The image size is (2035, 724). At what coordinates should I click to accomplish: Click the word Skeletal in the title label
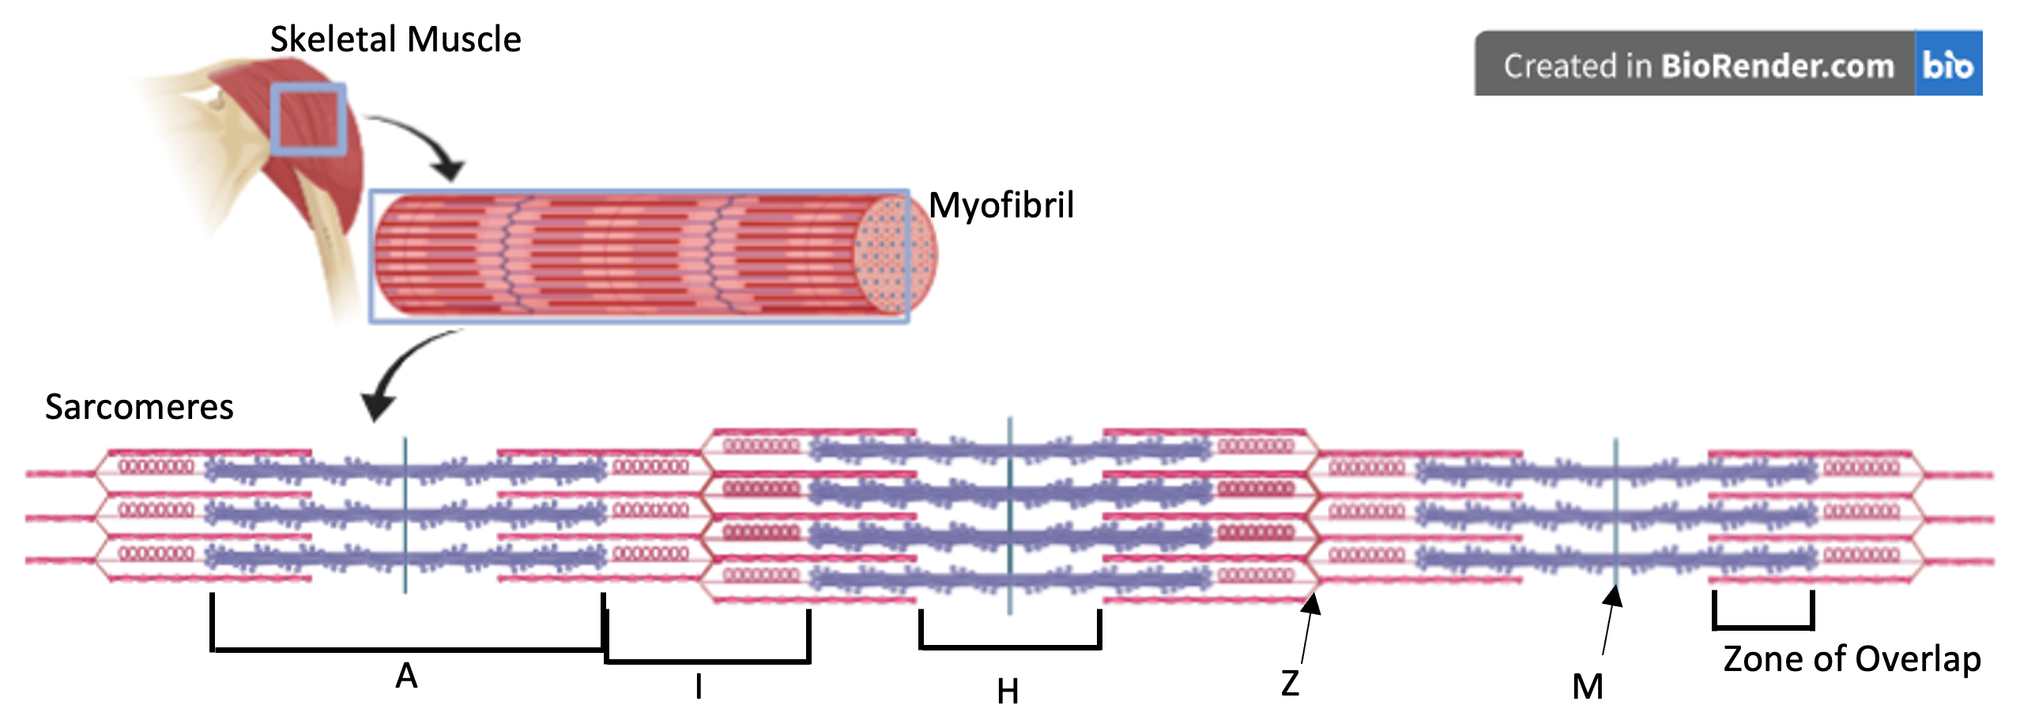(332, 40)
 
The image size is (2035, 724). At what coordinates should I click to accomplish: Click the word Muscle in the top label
(464, 40)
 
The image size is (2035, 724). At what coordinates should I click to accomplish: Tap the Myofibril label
(1001, 206)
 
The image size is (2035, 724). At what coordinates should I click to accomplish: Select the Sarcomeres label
(139, 407)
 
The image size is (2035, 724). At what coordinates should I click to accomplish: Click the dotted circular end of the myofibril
(895, 255)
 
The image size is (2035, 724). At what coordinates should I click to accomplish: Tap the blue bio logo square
(1948, 64)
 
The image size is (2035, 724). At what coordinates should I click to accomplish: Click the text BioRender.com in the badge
(1777, 66)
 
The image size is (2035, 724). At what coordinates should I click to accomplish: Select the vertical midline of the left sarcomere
(405, 514)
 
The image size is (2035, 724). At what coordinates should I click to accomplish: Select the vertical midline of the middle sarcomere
(1010, 514)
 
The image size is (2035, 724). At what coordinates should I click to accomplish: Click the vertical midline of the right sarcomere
(1615, 514)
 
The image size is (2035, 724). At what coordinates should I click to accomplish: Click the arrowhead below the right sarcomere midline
(1614, 598)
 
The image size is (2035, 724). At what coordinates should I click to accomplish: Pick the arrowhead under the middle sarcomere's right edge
(1311, 605)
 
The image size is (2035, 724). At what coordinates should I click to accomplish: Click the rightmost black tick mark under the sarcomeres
(1812, 605)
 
